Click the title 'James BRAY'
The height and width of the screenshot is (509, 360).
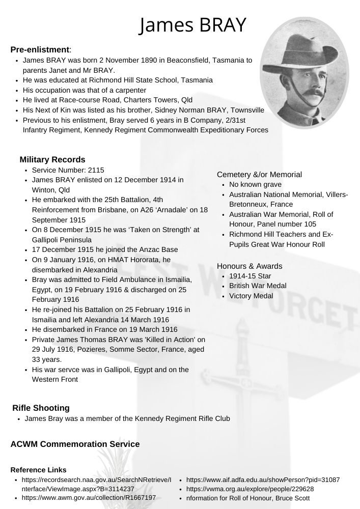point(193,24)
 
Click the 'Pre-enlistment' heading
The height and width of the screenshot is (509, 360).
point(40,49)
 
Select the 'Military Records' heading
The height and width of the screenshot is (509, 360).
point(52,160)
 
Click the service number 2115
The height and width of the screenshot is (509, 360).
point(96,170)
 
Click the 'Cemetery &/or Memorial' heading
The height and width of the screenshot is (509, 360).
point(259,175)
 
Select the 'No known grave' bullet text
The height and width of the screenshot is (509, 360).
point(255,184)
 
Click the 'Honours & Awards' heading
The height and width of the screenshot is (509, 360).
point(250,266)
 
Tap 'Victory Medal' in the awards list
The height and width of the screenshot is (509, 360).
point(251,296)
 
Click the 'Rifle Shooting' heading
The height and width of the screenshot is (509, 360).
point(41,408)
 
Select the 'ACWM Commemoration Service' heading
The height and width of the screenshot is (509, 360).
point(75,444)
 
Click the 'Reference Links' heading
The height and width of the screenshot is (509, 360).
point(38,470)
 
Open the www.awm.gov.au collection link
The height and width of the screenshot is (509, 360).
point(89,498)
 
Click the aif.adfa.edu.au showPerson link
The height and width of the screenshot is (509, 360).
point(263,479)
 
